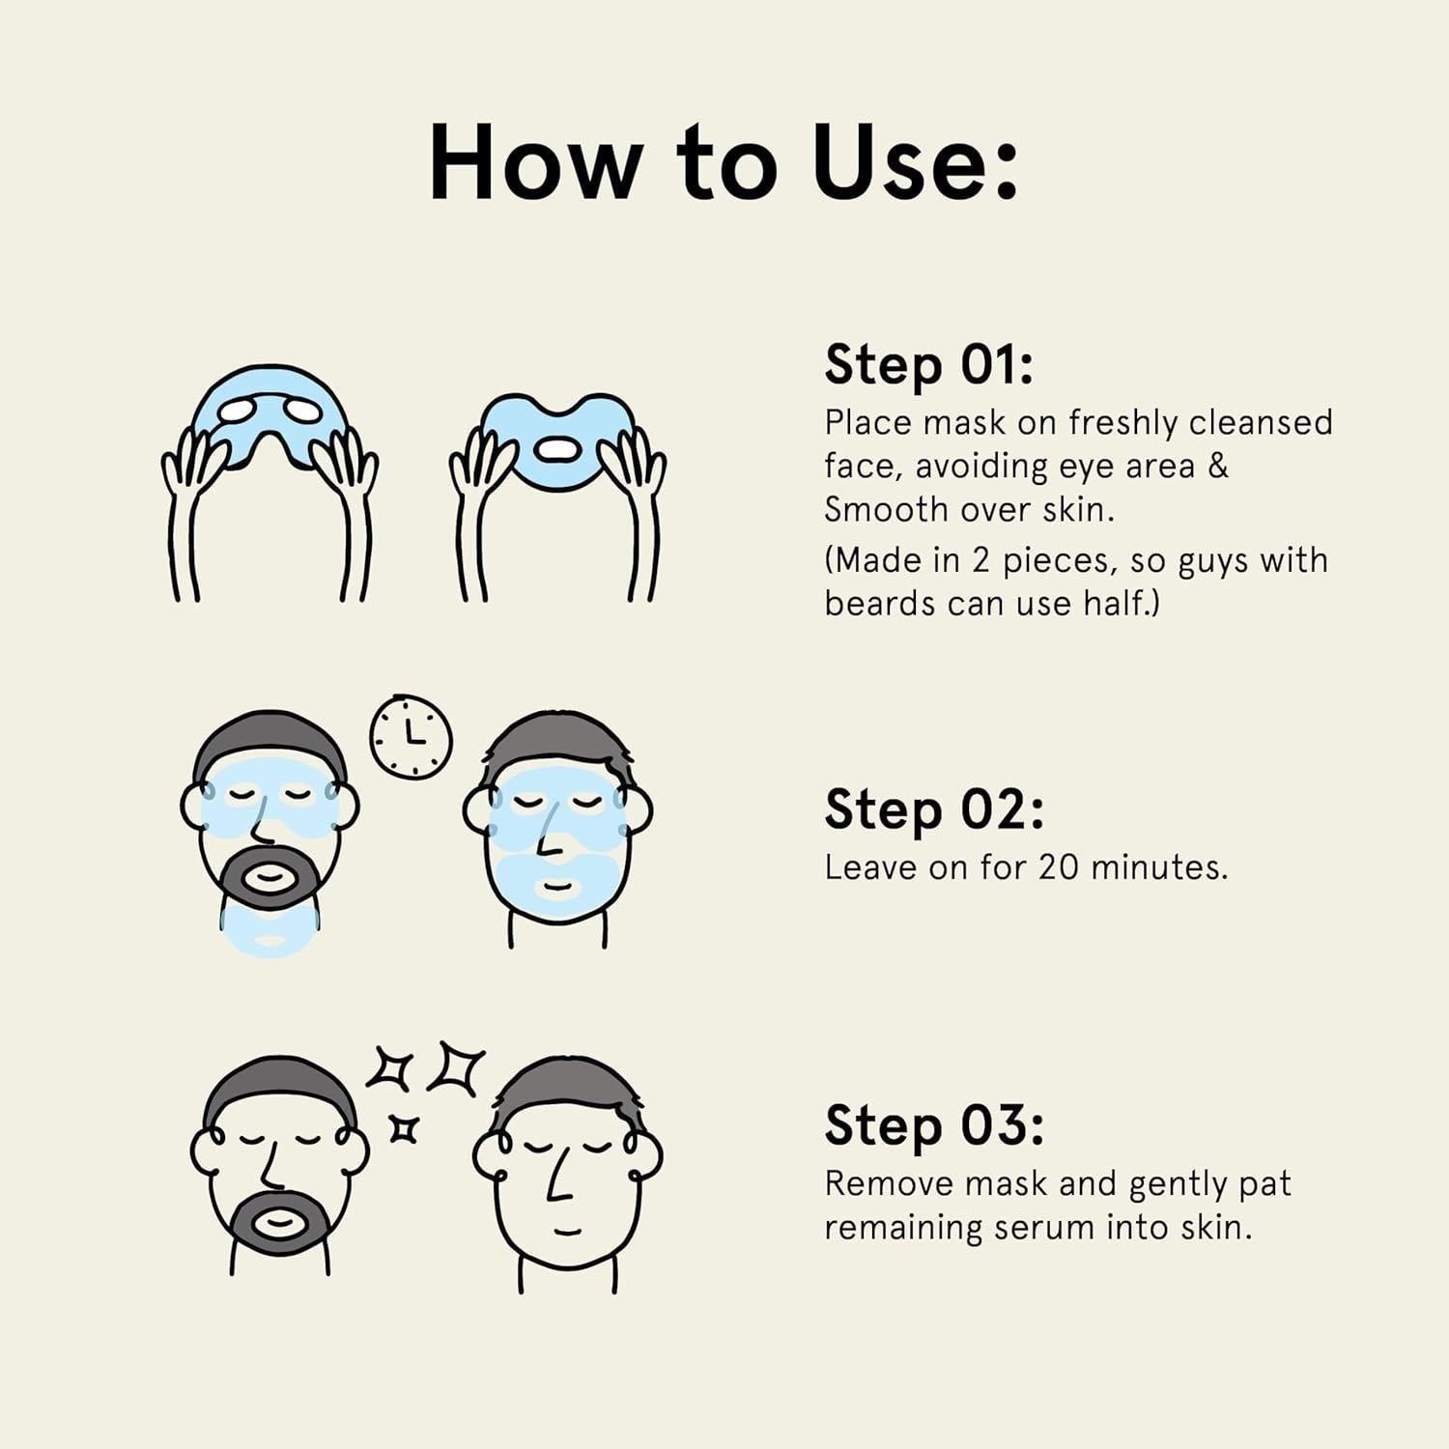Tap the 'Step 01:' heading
click(x=929, y=366)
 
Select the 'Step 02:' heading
click(x=934, y=810)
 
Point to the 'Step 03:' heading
click(x=934, y=1126)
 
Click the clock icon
click(x=412, y=736)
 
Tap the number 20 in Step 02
click(x=1059, y=867)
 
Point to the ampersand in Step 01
click(x=1218, y=467)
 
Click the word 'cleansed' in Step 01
click(x=1261, y=423)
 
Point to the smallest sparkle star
click(x=404, y=1128)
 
